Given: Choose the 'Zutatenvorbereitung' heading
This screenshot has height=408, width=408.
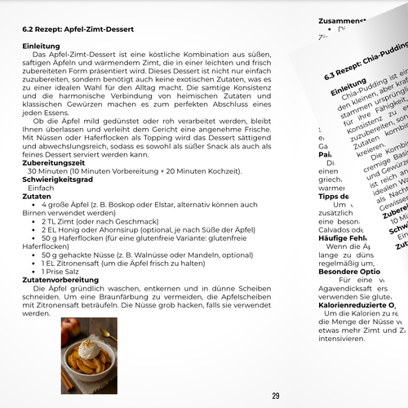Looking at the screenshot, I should (x=56, y=281).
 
